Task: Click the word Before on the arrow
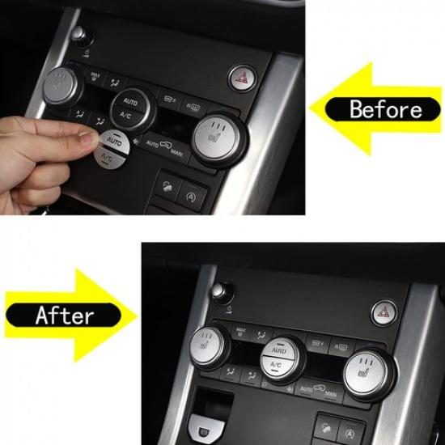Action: tap(386, 108)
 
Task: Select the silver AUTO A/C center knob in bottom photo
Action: tap(278, 357)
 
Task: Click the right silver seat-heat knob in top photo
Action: tap(214, 134)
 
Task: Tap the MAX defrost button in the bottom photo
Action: tap(240, 330)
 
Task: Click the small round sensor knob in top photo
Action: tap(78, 34)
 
